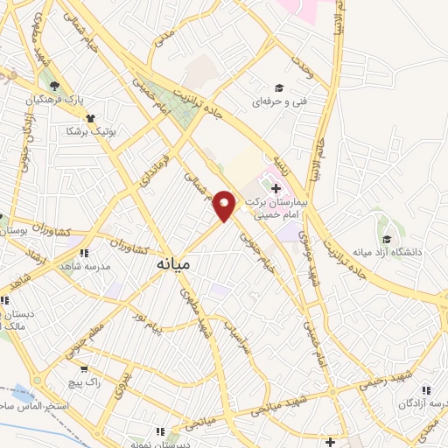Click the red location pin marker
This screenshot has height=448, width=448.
point(225,205)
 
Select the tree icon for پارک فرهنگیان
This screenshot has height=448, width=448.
point(56,86)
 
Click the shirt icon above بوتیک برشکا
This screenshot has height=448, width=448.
point(90,117)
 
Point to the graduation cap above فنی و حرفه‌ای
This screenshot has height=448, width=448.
point(279,87)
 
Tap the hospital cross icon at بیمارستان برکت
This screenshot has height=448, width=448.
point(276,188)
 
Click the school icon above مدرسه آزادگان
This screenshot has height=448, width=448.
point(425,390)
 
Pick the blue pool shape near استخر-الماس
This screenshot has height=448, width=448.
point(24,395)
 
